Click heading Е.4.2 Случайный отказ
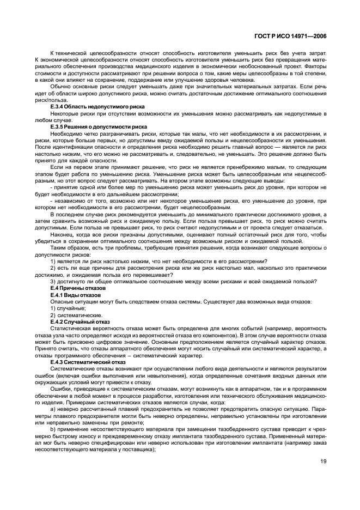pos(80,321)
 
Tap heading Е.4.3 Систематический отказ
pos(88,361)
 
